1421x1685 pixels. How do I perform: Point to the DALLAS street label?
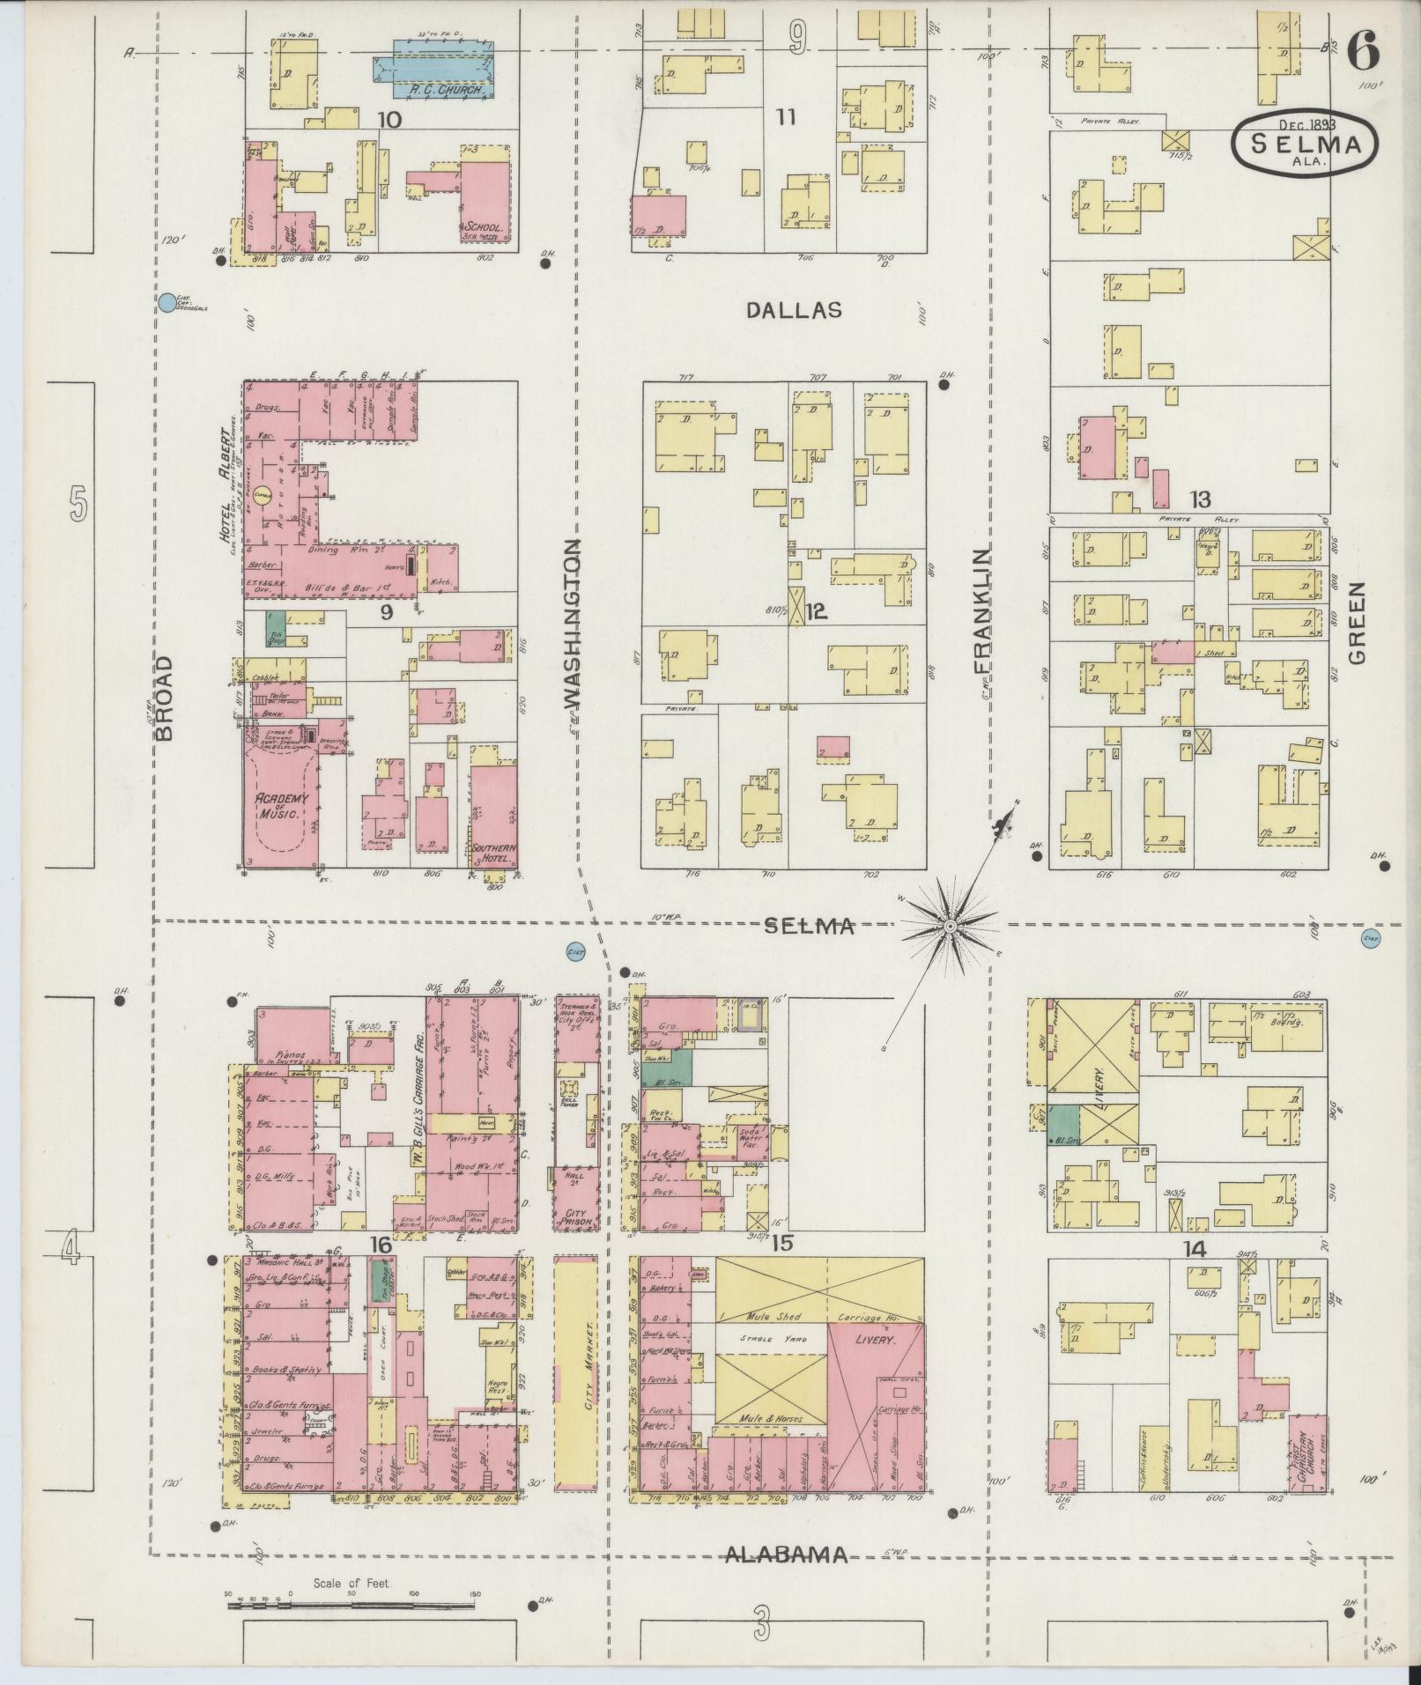click(x=795, y=310)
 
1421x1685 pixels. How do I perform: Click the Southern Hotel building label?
click(x=493, y=853)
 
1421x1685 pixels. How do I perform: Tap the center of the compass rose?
click(x=951, y=927)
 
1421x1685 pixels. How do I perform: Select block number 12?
click(x=817, y=611)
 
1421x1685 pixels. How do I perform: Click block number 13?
click(x=1199, y=499)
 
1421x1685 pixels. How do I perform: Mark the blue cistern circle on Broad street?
click(x=166, y=303)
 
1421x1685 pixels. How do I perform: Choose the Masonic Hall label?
click(x=284, y=1266)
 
